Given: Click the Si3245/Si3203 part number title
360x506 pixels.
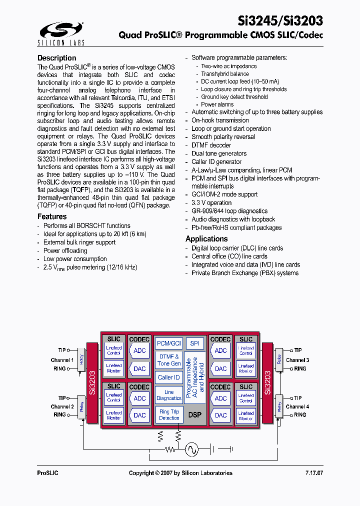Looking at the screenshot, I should (280, 20).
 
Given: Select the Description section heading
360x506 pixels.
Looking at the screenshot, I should (57, 58).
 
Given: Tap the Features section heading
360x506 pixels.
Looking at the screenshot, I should (52, 216).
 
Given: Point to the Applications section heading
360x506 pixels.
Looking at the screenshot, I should (206, 239).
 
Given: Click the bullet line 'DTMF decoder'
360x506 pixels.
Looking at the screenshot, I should (211, 145).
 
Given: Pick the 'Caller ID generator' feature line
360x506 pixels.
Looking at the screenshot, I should (216, 161).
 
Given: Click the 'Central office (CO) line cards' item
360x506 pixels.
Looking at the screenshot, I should (229, 256).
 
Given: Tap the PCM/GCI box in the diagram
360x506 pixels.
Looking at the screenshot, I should (169, 343).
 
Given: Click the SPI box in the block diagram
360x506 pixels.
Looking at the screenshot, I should (195, 343).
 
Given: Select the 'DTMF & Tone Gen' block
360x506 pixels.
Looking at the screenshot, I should (169, 360).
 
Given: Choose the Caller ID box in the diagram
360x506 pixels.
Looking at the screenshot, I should (169, 377).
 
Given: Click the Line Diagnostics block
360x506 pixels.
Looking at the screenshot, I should (169, 395).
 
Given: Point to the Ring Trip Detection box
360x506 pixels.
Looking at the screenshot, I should (169, 414).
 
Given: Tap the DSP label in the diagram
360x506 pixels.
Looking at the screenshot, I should (194, 415).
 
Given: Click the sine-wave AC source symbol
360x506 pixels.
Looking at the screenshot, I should (192, 449).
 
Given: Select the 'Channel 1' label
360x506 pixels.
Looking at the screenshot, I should (62, 360).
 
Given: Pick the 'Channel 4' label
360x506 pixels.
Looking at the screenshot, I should (297, 406).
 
